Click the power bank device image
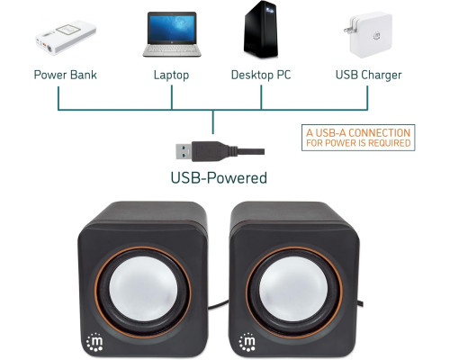pyautogui.click(x=66, y=37)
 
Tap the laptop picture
pyautogui.click(x=172, y=34)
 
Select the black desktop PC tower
pyautogui.click(x=261, y=30)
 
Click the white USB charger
pyautogui.click(x=369, y=35)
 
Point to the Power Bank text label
pyautogui.click(x=65, y=75)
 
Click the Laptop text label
pyautogui.click(x=171, y=75)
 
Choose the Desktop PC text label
pyautogui.click(x=261, y=75)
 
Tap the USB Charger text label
pyautogui.click(x=368, y=75)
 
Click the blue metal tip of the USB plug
pyautogui.click(x=184, y=151)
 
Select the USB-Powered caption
pyautogui.click(x=219, y=177)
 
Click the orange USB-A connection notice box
pyautogui.click(x=358, y=138)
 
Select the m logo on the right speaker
pyautogui.click(x=247, y=342)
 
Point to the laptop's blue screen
pyautogui.click(x=172, y=28)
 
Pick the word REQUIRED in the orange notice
pyautogui.click(x=389, y=143)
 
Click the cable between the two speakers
pyautogui.click(x=219, y=304)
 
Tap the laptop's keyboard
pyautogui.click(x=172, y=49)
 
